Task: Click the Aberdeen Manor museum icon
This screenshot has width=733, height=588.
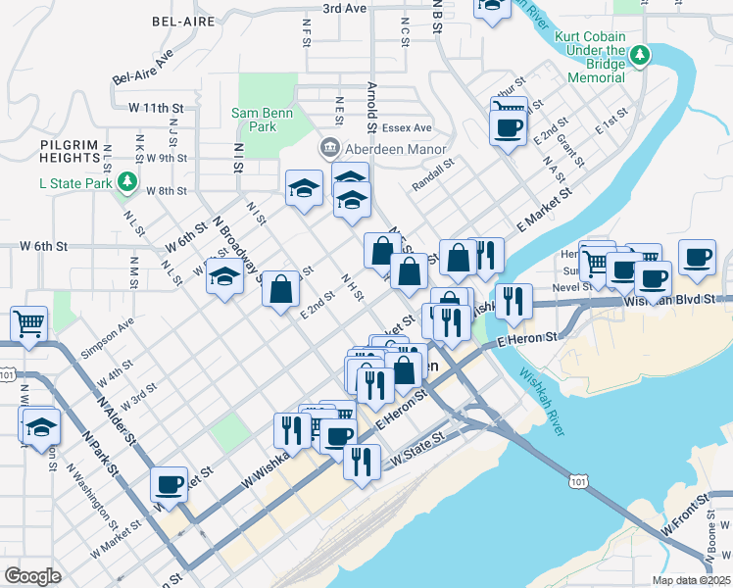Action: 328,149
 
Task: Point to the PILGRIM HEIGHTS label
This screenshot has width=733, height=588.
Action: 70,151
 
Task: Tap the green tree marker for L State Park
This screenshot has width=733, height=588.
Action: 126,182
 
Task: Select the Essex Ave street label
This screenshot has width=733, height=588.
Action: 408,128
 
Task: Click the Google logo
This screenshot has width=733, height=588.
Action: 32,576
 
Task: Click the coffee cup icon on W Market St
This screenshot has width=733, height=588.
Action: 170,483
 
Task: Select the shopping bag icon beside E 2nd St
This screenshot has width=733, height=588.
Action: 280,289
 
